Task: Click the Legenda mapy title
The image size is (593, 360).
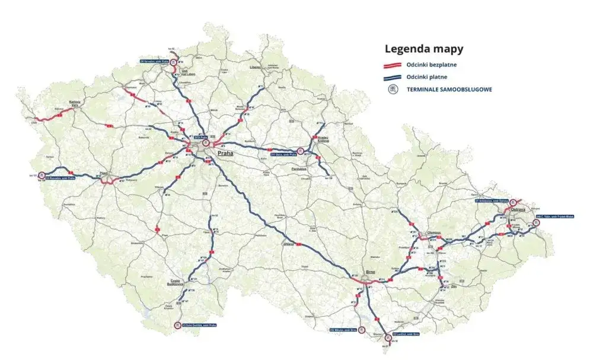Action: pos(424,49)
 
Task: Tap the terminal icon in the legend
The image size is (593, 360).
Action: pos(392,90)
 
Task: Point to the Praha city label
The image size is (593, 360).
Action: pos(225,153)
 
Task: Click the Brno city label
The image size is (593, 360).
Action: pos(371,272)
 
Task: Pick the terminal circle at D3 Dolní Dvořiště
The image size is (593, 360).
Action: pos(177,325)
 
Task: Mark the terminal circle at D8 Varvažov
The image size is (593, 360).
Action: pos(173,61)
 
